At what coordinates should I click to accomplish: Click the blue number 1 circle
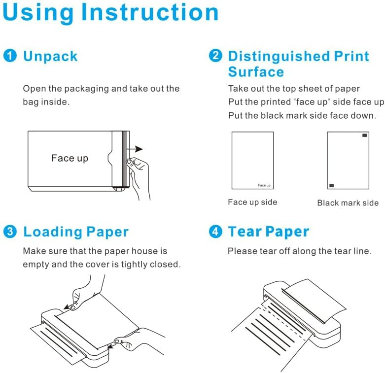(10, 56)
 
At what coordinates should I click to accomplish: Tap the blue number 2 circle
(215, 56)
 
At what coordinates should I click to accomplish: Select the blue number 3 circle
(10, 231)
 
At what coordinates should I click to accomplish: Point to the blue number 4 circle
(215, 231)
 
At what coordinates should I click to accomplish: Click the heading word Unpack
(50, 56)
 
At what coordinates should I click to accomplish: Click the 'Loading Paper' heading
(76, 232)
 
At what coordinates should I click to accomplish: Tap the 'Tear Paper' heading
(269, 232)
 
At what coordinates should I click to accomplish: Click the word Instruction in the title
(150, 13)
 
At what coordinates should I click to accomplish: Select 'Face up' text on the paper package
(70, 158)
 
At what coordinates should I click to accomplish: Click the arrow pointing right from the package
(138, 149)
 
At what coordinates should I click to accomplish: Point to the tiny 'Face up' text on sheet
(264, 185)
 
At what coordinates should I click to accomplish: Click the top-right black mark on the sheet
(365, 135)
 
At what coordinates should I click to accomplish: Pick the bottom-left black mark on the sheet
(331, 185)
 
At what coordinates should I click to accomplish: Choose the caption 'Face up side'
(252, 202)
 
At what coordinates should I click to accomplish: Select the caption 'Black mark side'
(348, 203)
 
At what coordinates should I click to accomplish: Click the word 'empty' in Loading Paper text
(35, 264)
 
